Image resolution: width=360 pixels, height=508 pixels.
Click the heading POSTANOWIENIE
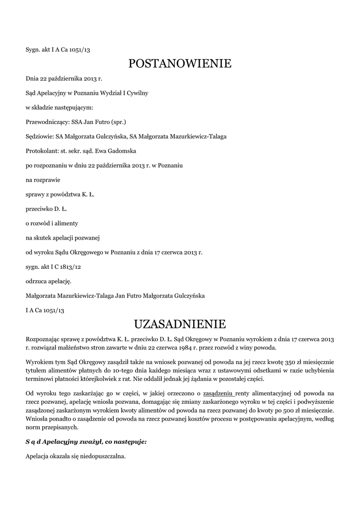pyautogui.click(x=180, y=63)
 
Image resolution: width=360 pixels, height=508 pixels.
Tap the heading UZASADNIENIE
pyautogui.click(x=180, y=324)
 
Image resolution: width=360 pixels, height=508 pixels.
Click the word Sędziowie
pyautogui.click(x=40, y=136)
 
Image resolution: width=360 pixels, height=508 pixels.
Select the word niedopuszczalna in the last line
pyautogui.click(x=103, y=456)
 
